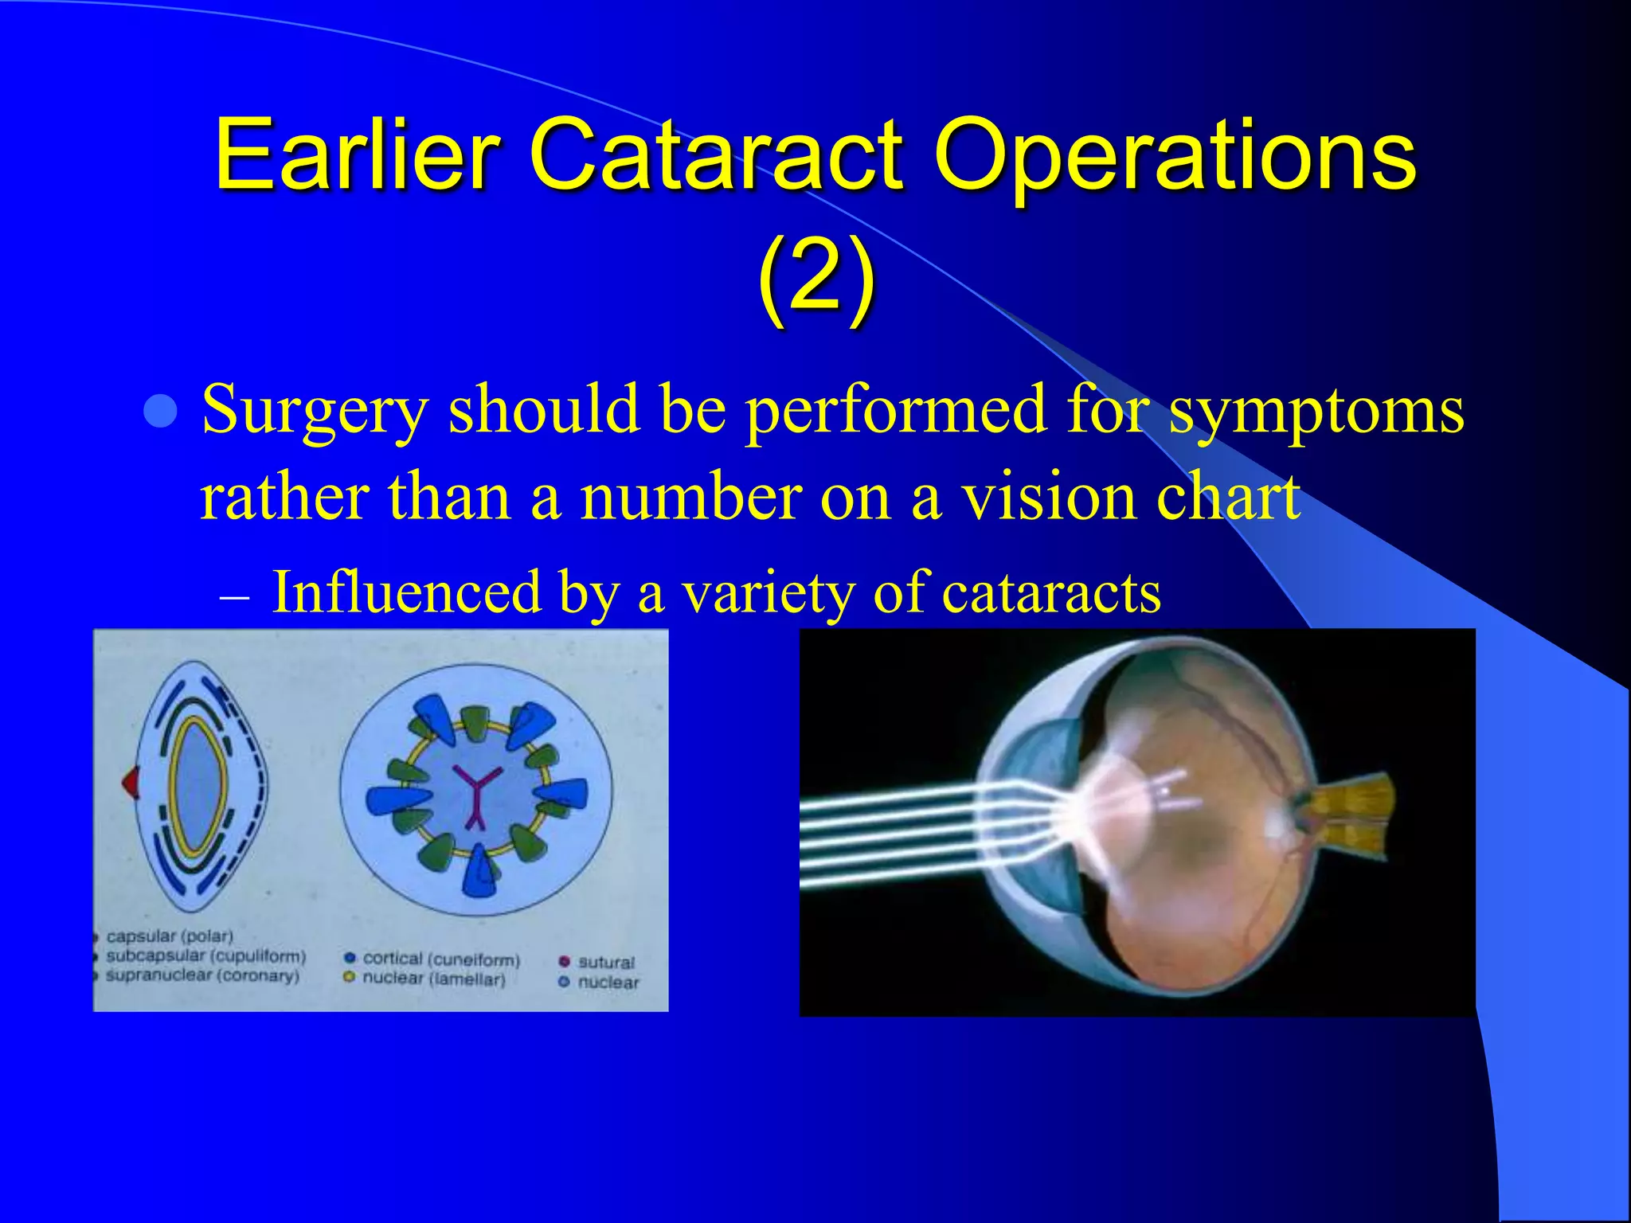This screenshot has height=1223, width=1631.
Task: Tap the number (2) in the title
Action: [x=815, y=279]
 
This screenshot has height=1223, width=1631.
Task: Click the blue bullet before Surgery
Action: [x=162, y=412]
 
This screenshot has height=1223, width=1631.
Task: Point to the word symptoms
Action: [x=1316, y=412]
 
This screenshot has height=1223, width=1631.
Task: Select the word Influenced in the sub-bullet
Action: [x=406, y=592]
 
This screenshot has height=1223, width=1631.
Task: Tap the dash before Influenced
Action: [x=235, y=596]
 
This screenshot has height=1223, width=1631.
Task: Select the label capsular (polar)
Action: [x=170, y=936]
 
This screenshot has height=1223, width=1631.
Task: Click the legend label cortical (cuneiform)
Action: [x=441, y=959]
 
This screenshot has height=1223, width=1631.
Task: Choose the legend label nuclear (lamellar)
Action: [x=434, y=979]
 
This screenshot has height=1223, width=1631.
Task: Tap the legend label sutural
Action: [x=606, y=962]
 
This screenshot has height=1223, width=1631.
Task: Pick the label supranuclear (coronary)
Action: [x=202, y=975]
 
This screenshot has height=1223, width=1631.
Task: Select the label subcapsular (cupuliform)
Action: [x=205, y=955]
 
